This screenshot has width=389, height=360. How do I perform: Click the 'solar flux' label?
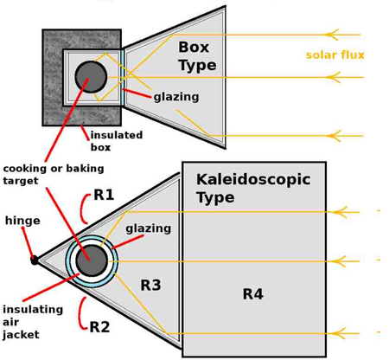point(335,55)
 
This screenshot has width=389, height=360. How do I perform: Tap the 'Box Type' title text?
point(197,56)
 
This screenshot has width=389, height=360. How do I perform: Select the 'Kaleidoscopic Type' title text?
point(253,189)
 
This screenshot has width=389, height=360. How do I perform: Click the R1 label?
point(104,195)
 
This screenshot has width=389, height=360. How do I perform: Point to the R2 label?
point(99,327)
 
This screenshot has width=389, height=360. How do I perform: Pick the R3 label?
point(150,286)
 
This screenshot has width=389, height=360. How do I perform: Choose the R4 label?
point(253,294)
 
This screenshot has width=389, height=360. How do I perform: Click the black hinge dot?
point(35,260)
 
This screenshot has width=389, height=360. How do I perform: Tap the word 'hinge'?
point(22,221)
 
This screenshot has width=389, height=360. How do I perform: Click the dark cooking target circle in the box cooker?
point(91,77)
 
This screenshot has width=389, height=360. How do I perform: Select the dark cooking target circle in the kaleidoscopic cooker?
point(92,260)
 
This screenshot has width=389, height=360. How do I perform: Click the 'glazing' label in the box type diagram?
point(176,97)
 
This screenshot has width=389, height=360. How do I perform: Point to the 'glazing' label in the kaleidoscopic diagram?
point(149,228)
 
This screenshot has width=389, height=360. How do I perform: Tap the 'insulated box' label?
point(117,141)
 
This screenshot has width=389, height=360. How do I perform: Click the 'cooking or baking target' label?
point(54,174)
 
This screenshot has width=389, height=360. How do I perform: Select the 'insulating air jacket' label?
point(33,322)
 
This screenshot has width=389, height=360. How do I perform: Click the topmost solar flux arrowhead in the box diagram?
point(331,35)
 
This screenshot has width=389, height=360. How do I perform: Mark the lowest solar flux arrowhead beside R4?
point(338,333)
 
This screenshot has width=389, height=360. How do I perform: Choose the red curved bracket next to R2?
point(81,313)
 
